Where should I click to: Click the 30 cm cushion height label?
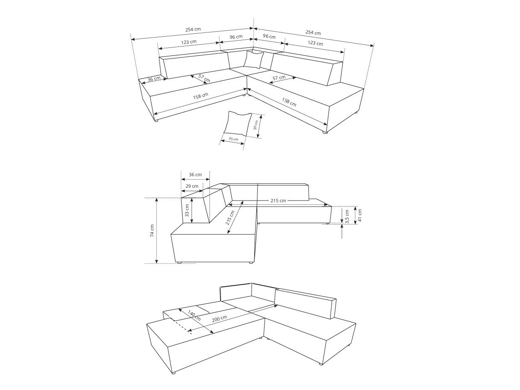click(256, 125)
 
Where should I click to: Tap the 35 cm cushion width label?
click(233, 139)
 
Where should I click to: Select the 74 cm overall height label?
click(152, 231)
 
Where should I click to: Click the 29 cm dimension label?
click(192, 186)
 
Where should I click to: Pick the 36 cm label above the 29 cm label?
click(195, 175)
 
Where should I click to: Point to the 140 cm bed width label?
click(194, 316)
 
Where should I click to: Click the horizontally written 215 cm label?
click(278, 201)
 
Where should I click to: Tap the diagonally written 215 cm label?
click(230, 218)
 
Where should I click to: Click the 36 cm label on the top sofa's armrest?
click(154, 79)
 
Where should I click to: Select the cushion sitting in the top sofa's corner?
click(254, 59)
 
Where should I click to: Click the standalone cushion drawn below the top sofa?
click(237, 123)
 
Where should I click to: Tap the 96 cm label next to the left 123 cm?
click(236, 37)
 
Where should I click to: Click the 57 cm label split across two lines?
click(204, 78)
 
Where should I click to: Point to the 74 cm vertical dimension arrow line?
click(157, 231)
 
